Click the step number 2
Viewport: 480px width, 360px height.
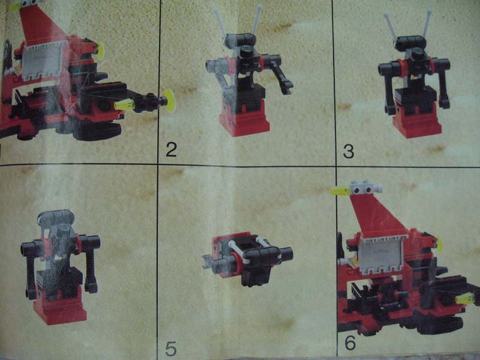pyautogui.click(x=172, y=149)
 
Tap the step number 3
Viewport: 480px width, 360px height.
pyautogui.click(x=349, y=151)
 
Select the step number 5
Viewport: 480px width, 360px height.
pyautogui.click(x=171, y=349)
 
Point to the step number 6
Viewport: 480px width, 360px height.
pyautogui.click(x=350, y=343)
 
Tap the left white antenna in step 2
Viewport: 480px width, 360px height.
pyautogui.click(x=220, y=22)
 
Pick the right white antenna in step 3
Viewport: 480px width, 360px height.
pyautogui.click(x=427, y=22)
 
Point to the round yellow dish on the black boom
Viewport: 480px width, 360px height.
pyautogui.click(x=169, y=100)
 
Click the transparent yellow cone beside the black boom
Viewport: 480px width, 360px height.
pyautogui.click(x=124, y=104)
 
